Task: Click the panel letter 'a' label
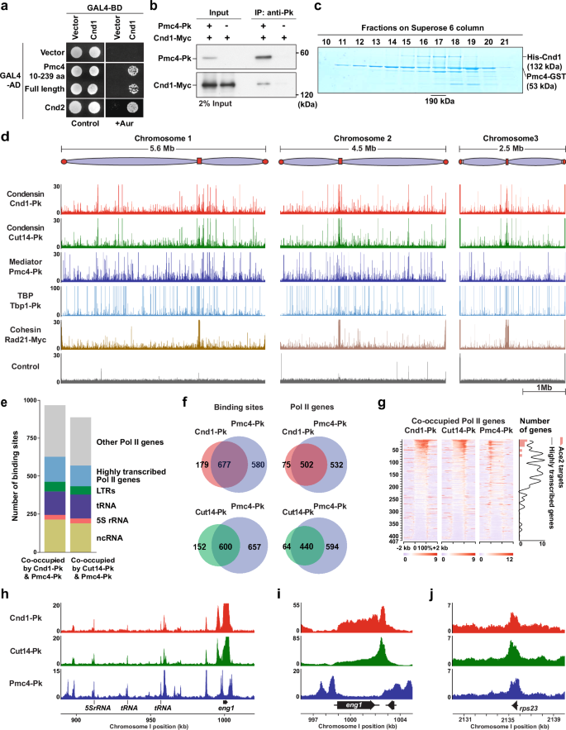7,7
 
